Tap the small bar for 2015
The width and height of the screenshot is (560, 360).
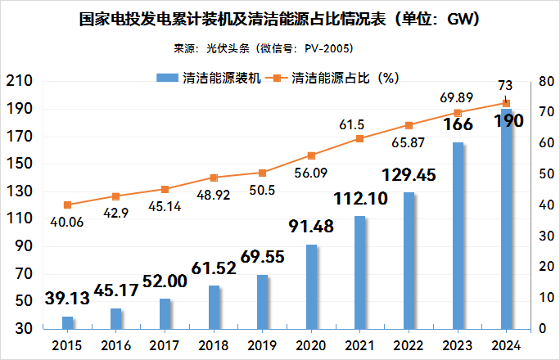tap(68, 322)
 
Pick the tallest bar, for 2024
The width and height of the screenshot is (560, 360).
tap(507, 218)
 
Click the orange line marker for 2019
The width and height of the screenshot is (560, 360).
tap(263, 173)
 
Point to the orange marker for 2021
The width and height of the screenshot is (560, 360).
tap(360, 139)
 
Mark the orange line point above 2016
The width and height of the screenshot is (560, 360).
tap(116, 196)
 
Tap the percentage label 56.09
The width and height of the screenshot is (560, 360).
tap(312, 173)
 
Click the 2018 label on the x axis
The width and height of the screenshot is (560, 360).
tap(214, 344)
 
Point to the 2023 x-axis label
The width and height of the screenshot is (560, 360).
tap(458, 344)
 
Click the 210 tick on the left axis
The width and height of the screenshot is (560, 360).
tap(19, 81)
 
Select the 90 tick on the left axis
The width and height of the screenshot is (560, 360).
tap(22, 246)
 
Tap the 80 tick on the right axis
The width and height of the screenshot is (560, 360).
tap(545, 81)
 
